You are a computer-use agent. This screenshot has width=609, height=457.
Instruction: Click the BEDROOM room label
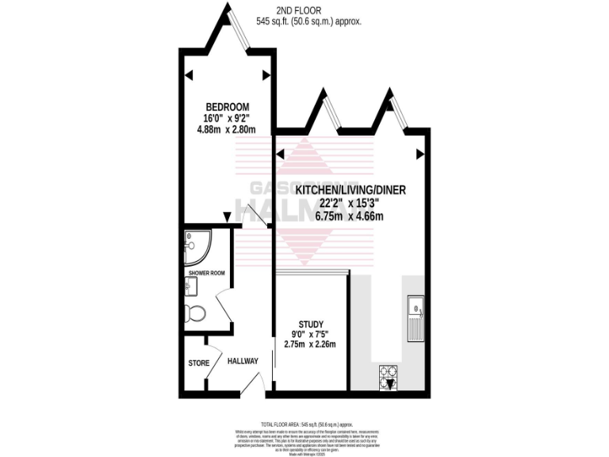coord(228,107)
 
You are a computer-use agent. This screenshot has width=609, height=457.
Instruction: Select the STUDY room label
coord(310,324)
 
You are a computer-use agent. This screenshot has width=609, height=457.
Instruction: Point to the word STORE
coord(199,363)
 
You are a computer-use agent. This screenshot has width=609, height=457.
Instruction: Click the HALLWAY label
coord(243,361)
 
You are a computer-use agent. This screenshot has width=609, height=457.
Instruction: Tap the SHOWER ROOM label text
coord(206,273)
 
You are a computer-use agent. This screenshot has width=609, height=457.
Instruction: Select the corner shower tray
coord(197,248)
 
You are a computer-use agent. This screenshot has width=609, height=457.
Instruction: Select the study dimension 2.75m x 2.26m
coord(310,344)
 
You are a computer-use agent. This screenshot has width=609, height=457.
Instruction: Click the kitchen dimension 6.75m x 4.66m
coord(339,216)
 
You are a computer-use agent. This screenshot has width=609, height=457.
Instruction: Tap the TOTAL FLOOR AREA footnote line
coord(304,425)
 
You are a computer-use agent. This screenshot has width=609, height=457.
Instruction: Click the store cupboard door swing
coord(209,344)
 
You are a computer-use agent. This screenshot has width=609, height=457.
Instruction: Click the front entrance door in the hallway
coord(252,386)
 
